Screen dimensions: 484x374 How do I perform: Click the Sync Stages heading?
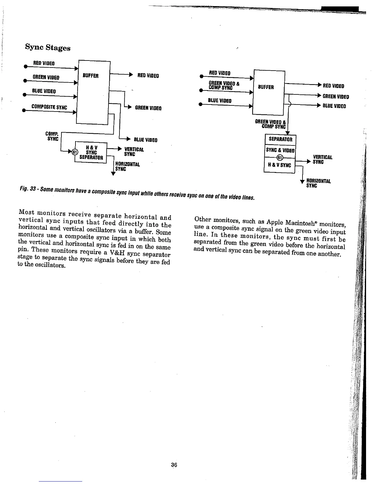pos(48,48)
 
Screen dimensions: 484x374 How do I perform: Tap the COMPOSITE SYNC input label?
pos(49,107)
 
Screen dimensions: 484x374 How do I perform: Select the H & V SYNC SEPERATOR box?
pos(91,152)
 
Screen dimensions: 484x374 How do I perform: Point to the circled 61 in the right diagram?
pos(280,158)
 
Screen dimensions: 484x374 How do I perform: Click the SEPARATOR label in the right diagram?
pos(280,139)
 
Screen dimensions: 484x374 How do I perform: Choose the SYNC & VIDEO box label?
pos(280,150)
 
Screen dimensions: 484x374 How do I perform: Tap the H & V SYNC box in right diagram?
pos(279,165)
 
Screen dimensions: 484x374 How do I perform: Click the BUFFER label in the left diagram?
pos(90,75)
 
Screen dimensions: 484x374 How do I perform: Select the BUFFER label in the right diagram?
pos(266,87)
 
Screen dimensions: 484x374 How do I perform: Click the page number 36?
pos(174,465)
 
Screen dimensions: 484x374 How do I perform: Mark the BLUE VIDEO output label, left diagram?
pos(145,140)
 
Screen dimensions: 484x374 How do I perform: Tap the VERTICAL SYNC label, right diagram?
pos(322,159)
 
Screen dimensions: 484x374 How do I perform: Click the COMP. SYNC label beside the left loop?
pos(52,136)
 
